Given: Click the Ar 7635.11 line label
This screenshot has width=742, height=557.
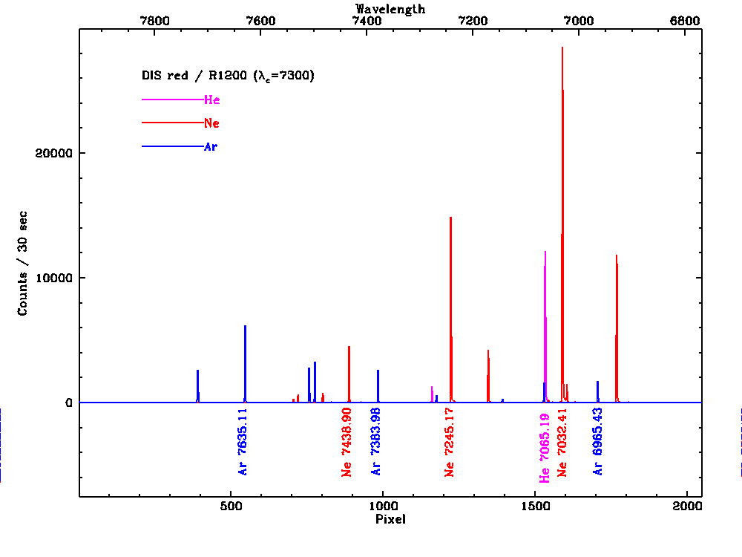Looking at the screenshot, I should (x=243, y=441).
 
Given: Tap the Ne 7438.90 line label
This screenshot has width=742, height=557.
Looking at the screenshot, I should (x=347, y=441).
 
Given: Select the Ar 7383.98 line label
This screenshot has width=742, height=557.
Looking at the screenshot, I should (x=376, y=441).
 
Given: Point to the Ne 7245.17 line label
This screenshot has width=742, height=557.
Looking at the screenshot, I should (x=449, y=441).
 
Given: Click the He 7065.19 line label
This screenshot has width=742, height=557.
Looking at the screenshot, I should (x=545, y=444).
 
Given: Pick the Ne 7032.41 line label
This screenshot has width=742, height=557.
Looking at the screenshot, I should (x=562, y=441).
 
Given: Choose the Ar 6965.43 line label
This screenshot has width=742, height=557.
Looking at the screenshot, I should (x=598, y=441).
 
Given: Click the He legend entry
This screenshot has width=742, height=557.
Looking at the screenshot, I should (x=211, y=100).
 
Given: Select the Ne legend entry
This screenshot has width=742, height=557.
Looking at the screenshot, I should (x=211, y=123).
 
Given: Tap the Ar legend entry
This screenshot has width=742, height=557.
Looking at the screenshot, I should (x=211, y=147).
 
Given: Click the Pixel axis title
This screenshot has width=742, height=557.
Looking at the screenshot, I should (x=390, y=520).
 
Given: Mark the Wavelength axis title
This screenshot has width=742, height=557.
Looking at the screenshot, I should (x=390, y=9).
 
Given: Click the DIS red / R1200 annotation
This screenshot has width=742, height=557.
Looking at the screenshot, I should (x=229, y=76).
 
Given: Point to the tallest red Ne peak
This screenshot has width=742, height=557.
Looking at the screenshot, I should (x=562, y=48).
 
